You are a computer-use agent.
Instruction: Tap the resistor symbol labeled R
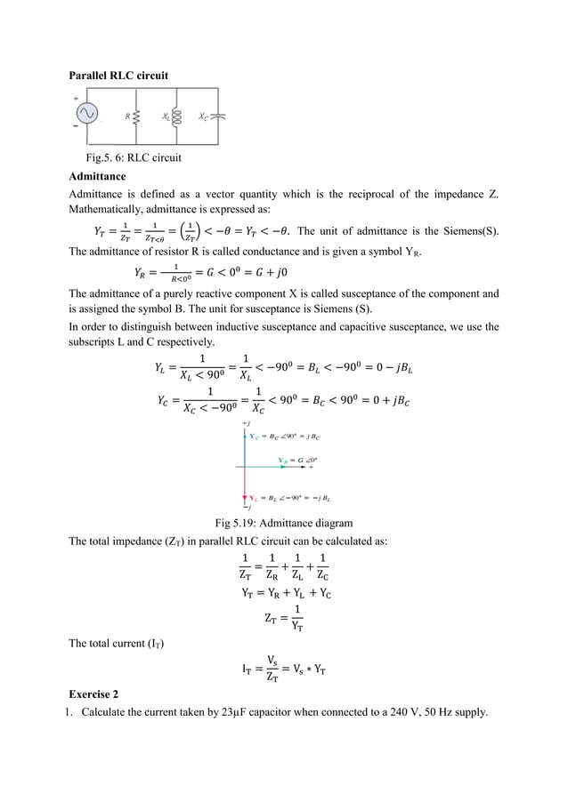pos(135,116)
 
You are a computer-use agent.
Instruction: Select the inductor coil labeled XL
pos(175,116)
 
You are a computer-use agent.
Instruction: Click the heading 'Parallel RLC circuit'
pos(119,76)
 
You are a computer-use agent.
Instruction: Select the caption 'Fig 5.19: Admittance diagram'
pos(284,523)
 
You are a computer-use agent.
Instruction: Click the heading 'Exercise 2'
pos(93,693)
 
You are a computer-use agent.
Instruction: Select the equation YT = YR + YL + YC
pos(284,592)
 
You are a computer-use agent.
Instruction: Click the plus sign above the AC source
pos(75,97)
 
